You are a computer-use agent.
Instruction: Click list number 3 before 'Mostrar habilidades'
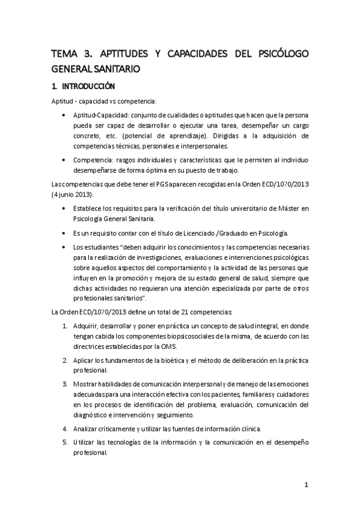[65, 385]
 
